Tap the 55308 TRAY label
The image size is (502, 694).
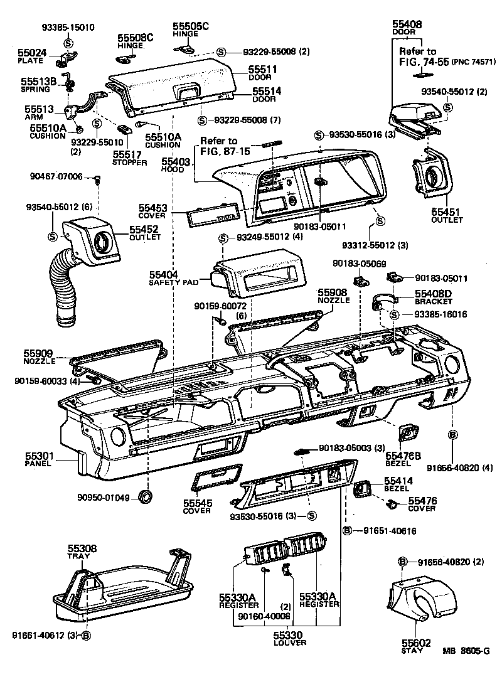(x=82, y=552)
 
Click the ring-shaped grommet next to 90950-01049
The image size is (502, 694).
(x=146, y=498)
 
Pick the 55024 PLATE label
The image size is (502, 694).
(x=31, y=56)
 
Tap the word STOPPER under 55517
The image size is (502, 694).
(x=130, y=163)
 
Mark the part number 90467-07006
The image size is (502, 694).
(x=56, y=177)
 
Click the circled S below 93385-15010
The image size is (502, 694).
(x=68, y=41)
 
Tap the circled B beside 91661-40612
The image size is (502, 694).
(x=87, y=634)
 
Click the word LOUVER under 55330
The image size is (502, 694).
(x=289, y=643)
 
